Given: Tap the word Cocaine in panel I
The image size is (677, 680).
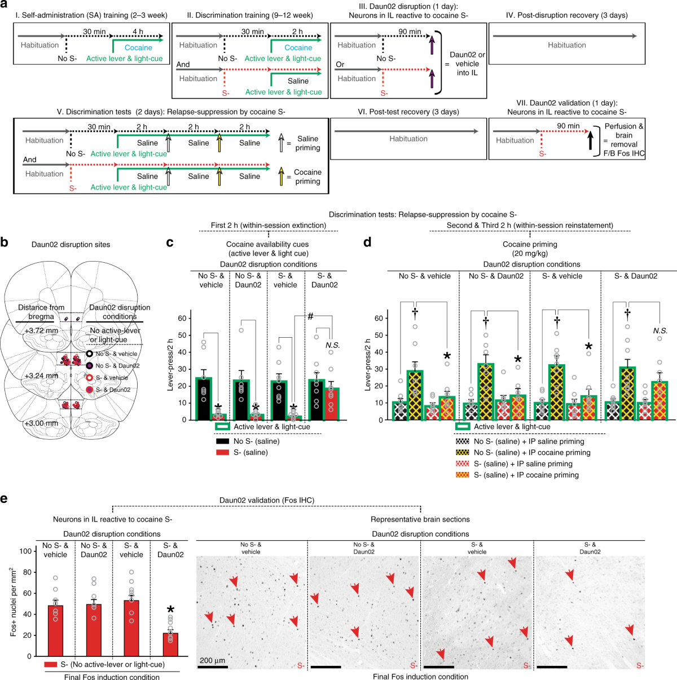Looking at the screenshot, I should click(x=138, y=48).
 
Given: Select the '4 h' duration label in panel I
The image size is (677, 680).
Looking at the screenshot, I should click(x=138, y=32).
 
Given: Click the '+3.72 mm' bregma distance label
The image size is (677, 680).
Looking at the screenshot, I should click(x=41, y=330).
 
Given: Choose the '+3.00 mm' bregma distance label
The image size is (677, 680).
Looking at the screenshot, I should click(x=41, y=423).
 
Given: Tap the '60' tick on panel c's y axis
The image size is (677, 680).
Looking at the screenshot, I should click(x=182, y=319).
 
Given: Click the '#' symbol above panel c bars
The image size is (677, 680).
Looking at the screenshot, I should click(x=310, y=316).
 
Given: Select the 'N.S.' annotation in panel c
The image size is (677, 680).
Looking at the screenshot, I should click(x=332, y=345).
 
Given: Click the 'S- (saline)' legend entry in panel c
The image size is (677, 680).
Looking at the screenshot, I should click(x=250, y=452).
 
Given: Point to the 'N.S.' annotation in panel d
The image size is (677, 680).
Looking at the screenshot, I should click(x=660, y=330).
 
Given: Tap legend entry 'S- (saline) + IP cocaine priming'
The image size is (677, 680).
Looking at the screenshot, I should click(x=526, y=475).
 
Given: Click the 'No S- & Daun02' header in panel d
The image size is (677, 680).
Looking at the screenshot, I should click(x=496, y=276).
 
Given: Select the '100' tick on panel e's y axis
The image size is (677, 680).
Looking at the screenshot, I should click(x=25, y=551).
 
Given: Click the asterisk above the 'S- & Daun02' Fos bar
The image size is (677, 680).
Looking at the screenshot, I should click(x=170, y=610).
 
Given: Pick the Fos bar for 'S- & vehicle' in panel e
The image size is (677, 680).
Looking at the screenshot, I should click(x=131, y=628).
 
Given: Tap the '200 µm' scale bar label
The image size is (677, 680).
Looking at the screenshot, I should click(x=212, y=660).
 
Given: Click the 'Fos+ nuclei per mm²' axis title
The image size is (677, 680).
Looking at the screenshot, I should click(x=13, y=602).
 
